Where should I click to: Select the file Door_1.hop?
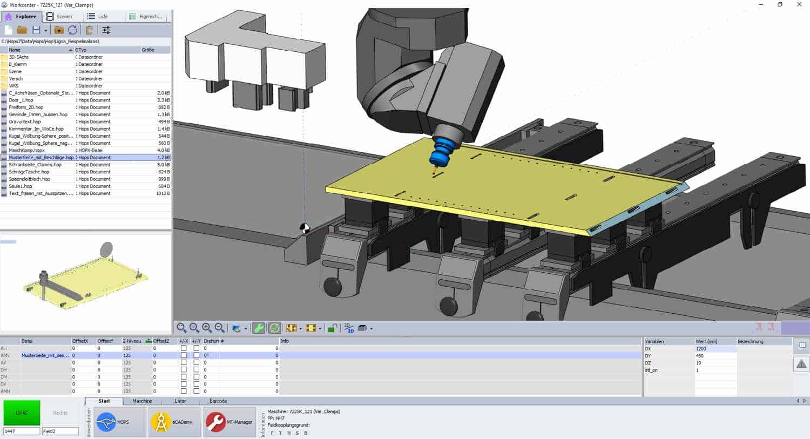pyautogui.click(x=21, y=100)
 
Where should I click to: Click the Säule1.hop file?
pyautogui.click(x=21, y=186)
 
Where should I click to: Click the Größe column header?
pyautogui.click(x=148, y=50)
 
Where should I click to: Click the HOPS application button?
pyautogui.click(x=119, y=422)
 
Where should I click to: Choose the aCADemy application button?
pyautogui.click(x=174, y=422)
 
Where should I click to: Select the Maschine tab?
pyautogui.click(x=142, y=401)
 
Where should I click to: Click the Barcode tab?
pyautogui.click(x=218, y=401)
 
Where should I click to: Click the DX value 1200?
pyautogui.click(x=701, y=349)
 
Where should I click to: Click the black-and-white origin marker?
pyautogui.click(x=305, y=228)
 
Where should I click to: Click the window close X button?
pyautogui.click(x=799, y=5)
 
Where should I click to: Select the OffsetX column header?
pyautogui.click(x=80, y=341)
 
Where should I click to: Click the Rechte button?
pyautogui.click(x=60, y=413)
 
